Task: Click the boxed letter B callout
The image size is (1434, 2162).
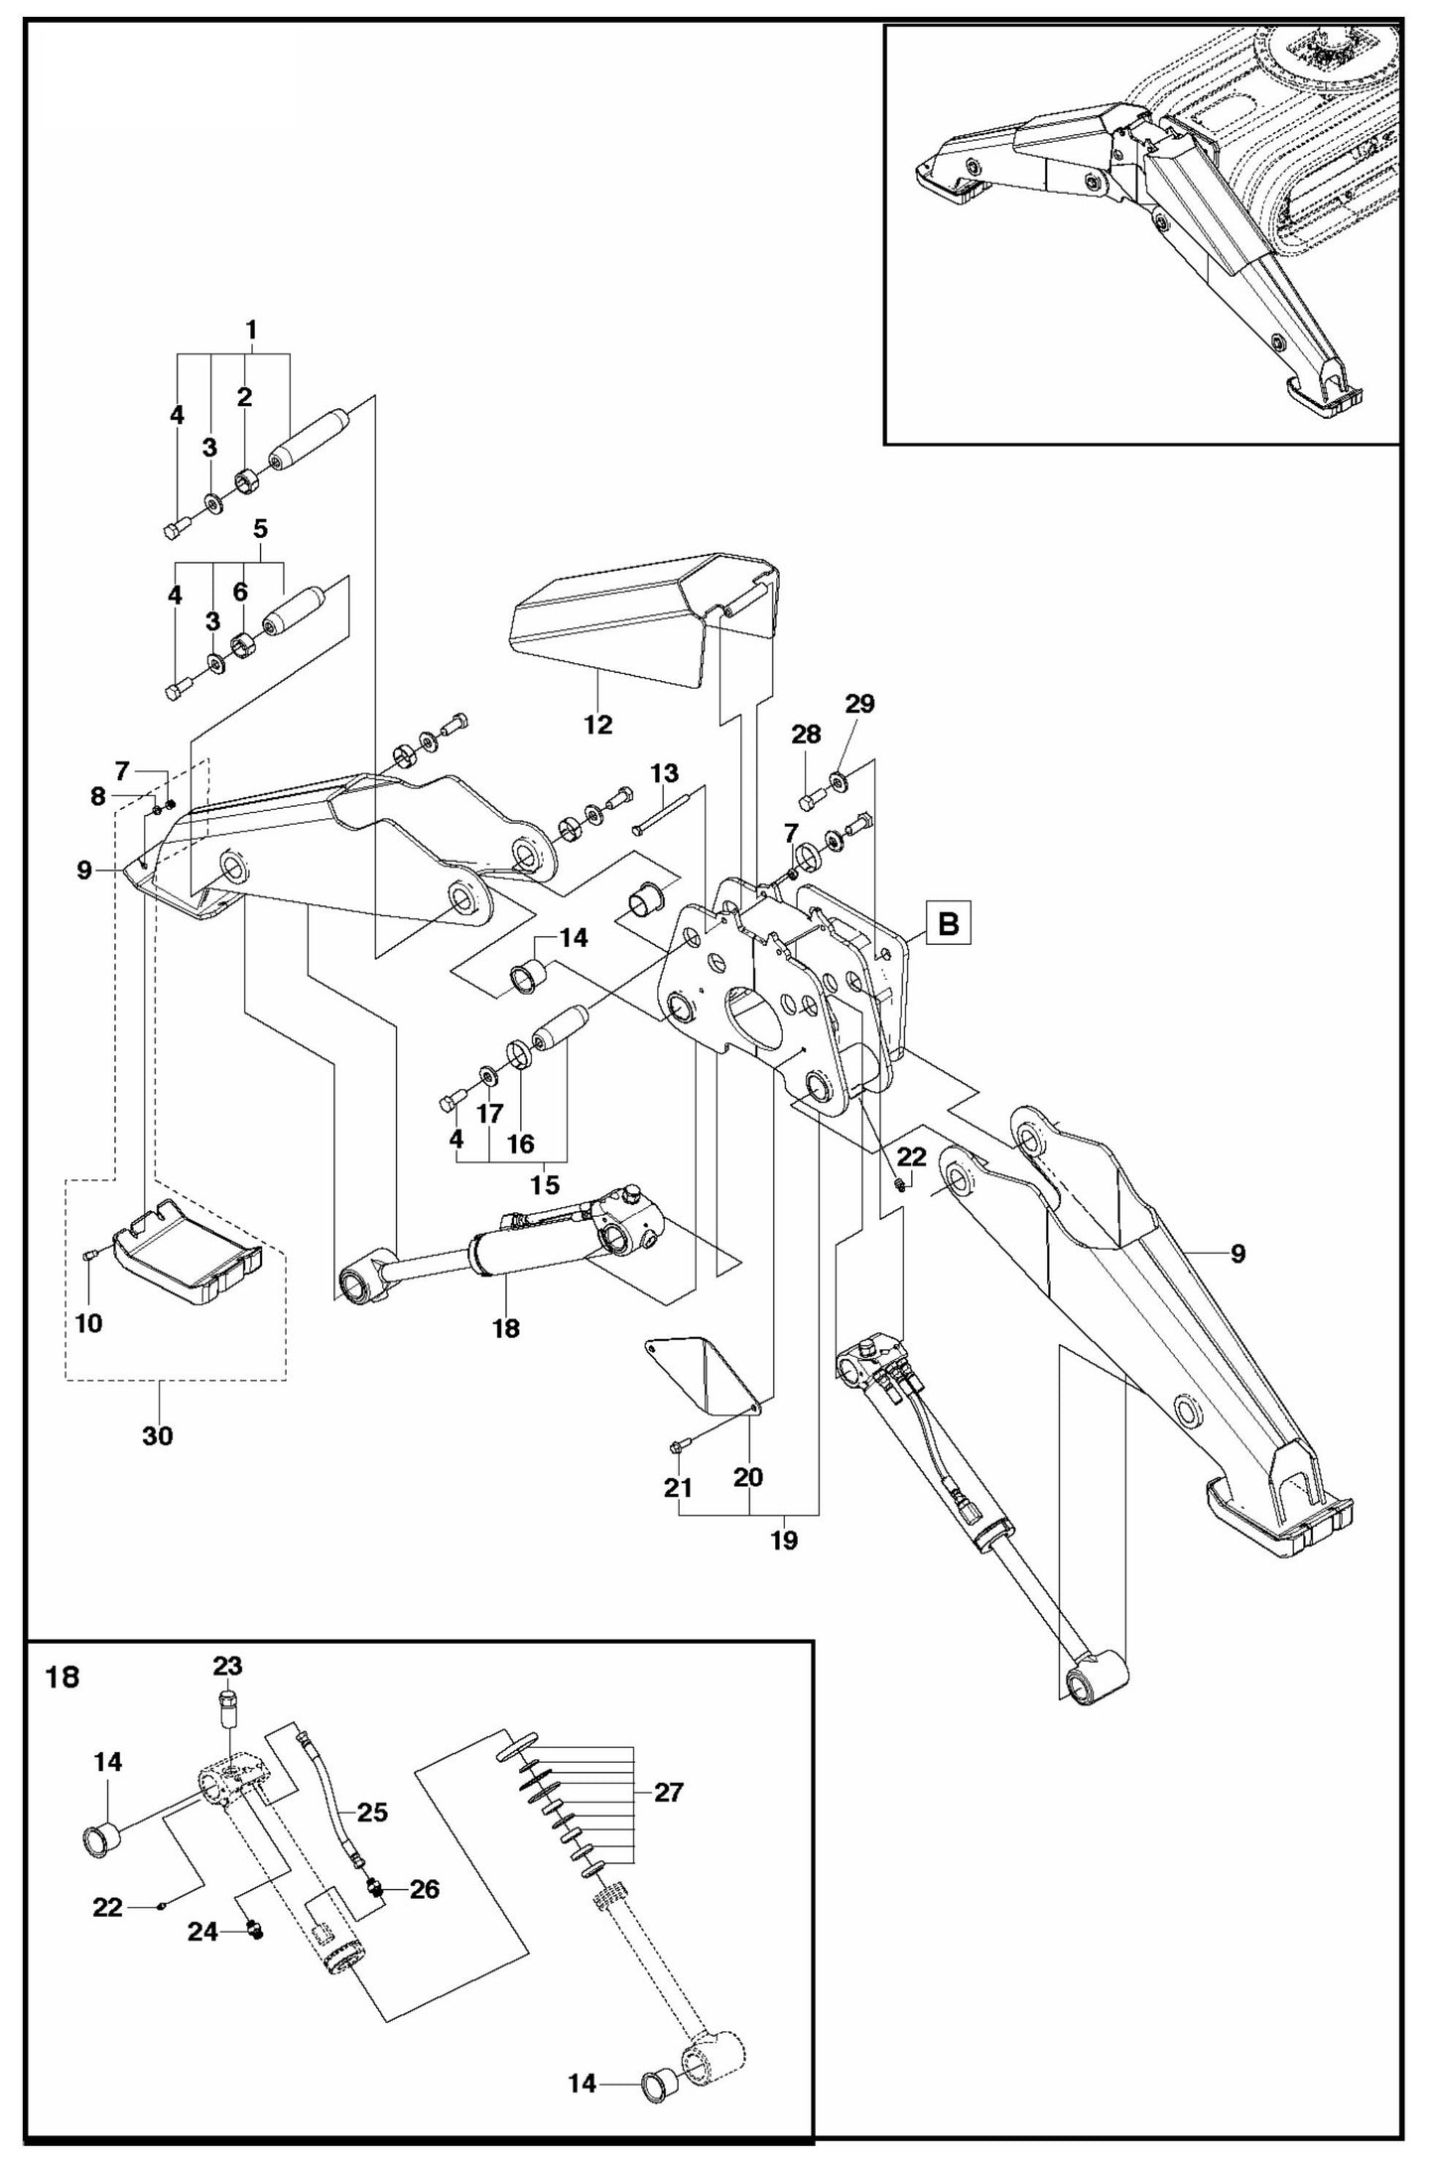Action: [x=948, y=924]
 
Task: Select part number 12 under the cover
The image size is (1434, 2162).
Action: [x=598, y=725]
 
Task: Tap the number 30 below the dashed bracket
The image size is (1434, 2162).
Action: [x=158, y=1435]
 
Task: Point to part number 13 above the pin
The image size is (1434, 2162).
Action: [x=665, y=772]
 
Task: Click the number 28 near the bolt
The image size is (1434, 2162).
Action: [x=806, y=735]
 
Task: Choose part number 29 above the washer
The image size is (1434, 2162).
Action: [x=859, y=704]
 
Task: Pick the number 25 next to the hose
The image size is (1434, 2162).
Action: [x=372, y=1813]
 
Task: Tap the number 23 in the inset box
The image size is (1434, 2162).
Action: [x=227, y=1665]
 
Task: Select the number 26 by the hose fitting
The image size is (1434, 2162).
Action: [x=424, y=1889]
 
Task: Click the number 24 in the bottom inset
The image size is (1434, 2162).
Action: [x=203, y=1931]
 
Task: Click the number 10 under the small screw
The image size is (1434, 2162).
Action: [x=88, y=1323]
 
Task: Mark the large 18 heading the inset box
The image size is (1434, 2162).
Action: [x=63, y=1679]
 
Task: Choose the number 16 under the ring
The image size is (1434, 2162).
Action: [x=521, y=1144]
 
